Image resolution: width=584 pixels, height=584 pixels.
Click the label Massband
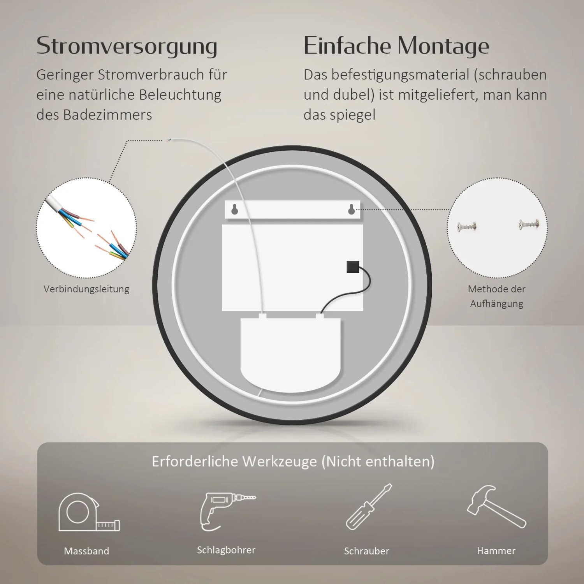point(86,551)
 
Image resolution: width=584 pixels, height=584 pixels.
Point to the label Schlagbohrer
point(226,550)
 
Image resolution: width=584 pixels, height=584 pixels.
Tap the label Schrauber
point(366,551)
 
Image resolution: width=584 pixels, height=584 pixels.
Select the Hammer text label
point(496,551)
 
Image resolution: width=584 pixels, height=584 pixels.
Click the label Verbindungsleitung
point(86,289)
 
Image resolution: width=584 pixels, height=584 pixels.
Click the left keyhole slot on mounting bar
point(235,209)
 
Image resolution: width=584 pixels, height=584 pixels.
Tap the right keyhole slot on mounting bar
point(351,209)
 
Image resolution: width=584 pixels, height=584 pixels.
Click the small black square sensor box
point(353,267)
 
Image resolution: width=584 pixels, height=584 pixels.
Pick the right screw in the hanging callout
point(528,224)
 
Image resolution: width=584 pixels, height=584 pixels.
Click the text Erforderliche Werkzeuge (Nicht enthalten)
point(293,461)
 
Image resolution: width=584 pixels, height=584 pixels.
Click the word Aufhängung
point(496,304)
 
